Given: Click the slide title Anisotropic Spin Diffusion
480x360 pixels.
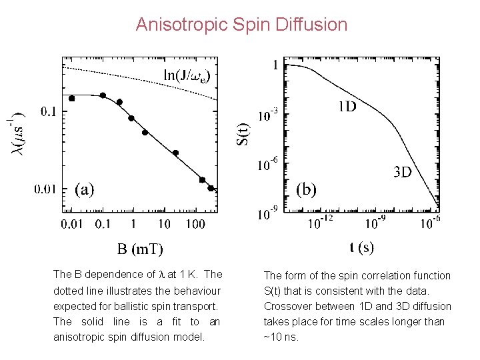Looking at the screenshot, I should click(241, 25).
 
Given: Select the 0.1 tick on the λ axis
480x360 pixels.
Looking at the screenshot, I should click(48, 111).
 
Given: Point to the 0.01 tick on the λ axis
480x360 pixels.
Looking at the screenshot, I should click(46, 189).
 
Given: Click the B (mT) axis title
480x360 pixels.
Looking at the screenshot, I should click(140, 249).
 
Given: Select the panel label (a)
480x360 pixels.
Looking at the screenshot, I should click(84, 189).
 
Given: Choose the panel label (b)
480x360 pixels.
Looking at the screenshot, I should click(306, 189).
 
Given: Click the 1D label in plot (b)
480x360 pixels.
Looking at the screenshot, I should click(347, 106).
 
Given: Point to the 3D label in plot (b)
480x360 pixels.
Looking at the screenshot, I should click(401, 172).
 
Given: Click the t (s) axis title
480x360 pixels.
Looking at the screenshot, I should click(362, 247).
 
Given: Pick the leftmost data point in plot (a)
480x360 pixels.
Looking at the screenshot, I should click(72, 98).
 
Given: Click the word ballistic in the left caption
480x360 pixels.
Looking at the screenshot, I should click(147, 306).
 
